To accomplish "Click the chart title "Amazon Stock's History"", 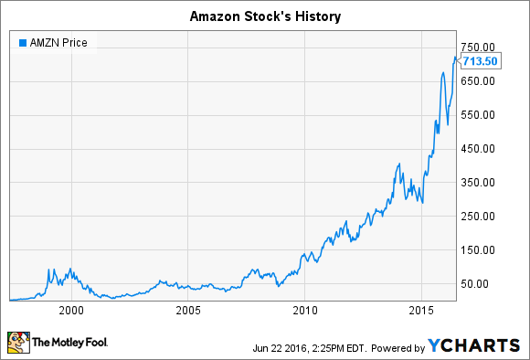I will pos(264,16).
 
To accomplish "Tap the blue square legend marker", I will pos(22,43).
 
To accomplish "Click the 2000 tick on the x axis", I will pos(72,311).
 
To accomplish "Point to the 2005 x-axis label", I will pos(188,311).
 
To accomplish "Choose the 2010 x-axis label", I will pos(304,311).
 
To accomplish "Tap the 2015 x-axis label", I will pos(420,311).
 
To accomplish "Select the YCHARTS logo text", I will pos(481,344).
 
